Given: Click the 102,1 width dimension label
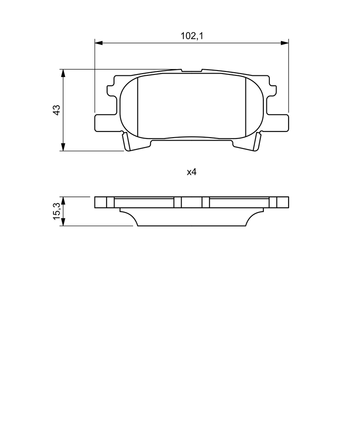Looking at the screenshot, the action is point(192,36).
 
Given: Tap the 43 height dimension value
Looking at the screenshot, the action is point(57,110).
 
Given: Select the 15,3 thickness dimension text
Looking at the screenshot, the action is point(57,211).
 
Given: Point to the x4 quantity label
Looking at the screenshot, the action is point(192,172).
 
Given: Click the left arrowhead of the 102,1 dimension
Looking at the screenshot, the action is point(98,43).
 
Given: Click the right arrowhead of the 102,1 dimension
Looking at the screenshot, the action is point(285,43).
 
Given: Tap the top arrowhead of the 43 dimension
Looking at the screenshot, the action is point(63,73).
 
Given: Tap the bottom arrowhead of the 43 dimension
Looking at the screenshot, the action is point(63,147).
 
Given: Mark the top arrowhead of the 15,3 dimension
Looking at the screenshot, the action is point(63,200).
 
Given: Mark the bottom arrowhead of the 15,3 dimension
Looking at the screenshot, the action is point(63,222).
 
